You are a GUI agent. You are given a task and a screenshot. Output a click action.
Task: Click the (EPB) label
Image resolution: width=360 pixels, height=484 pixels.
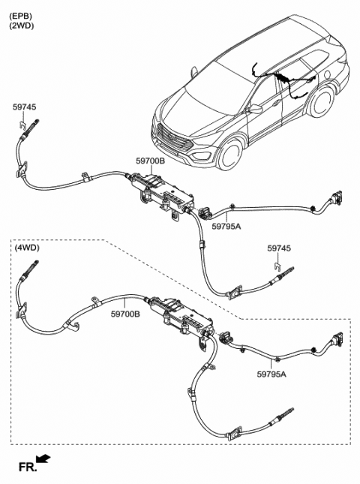tap(21, 15)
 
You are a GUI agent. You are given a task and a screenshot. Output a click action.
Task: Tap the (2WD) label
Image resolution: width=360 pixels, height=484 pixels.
tap(22, 26)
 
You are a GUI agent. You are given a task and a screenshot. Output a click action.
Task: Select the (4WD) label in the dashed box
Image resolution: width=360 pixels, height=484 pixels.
tap(27, 248)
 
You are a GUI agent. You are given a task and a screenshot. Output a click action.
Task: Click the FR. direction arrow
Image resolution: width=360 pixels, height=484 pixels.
tap(43, 458)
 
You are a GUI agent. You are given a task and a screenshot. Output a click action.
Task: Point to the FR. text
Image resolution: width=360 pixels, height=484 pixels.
tap(28, 467)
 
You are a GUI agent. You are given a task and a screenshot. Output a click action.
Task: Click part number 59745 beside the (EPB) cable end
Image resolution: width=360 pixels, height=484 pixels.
tap(24, 107)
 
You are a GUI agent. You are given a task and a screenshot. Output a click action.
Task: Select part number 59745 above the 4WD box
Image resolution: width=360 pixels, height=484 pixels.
tap(279, 248)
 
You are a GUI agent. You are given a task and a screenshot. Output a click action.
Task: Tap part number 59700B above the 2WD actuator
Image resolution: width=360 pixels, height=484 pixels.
tap(150, 161)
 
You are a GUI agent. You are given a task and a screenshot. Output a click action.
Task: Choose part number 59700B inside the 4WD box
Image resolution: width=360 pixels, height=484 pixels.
tap(125, 314)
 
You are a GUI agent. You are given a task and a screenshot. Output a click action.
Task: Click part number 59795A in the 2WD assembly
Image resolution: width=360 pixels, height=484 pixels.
tap(226, 227)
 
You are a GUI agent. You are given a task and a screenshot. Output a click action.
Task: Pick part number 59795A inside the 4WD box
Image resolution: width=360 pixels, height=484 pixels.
tap(271, 374)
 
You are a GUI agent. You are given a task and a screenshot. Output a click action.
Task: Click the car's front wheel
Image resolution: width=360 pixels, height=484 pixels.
tap(230, 155)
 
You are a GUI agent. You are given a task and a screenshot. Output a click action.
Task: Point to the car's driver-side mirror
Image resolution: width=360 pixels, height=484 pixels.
tap(255, 109)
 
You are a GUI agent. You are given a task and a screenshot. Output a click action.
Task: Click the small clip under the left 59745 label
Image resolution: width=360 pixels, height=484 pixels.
tap(21, 125)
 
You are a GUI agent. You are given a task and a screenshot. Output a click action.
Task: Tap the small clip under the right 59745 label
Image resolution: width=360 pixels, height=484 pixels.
tap(278, 266)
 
